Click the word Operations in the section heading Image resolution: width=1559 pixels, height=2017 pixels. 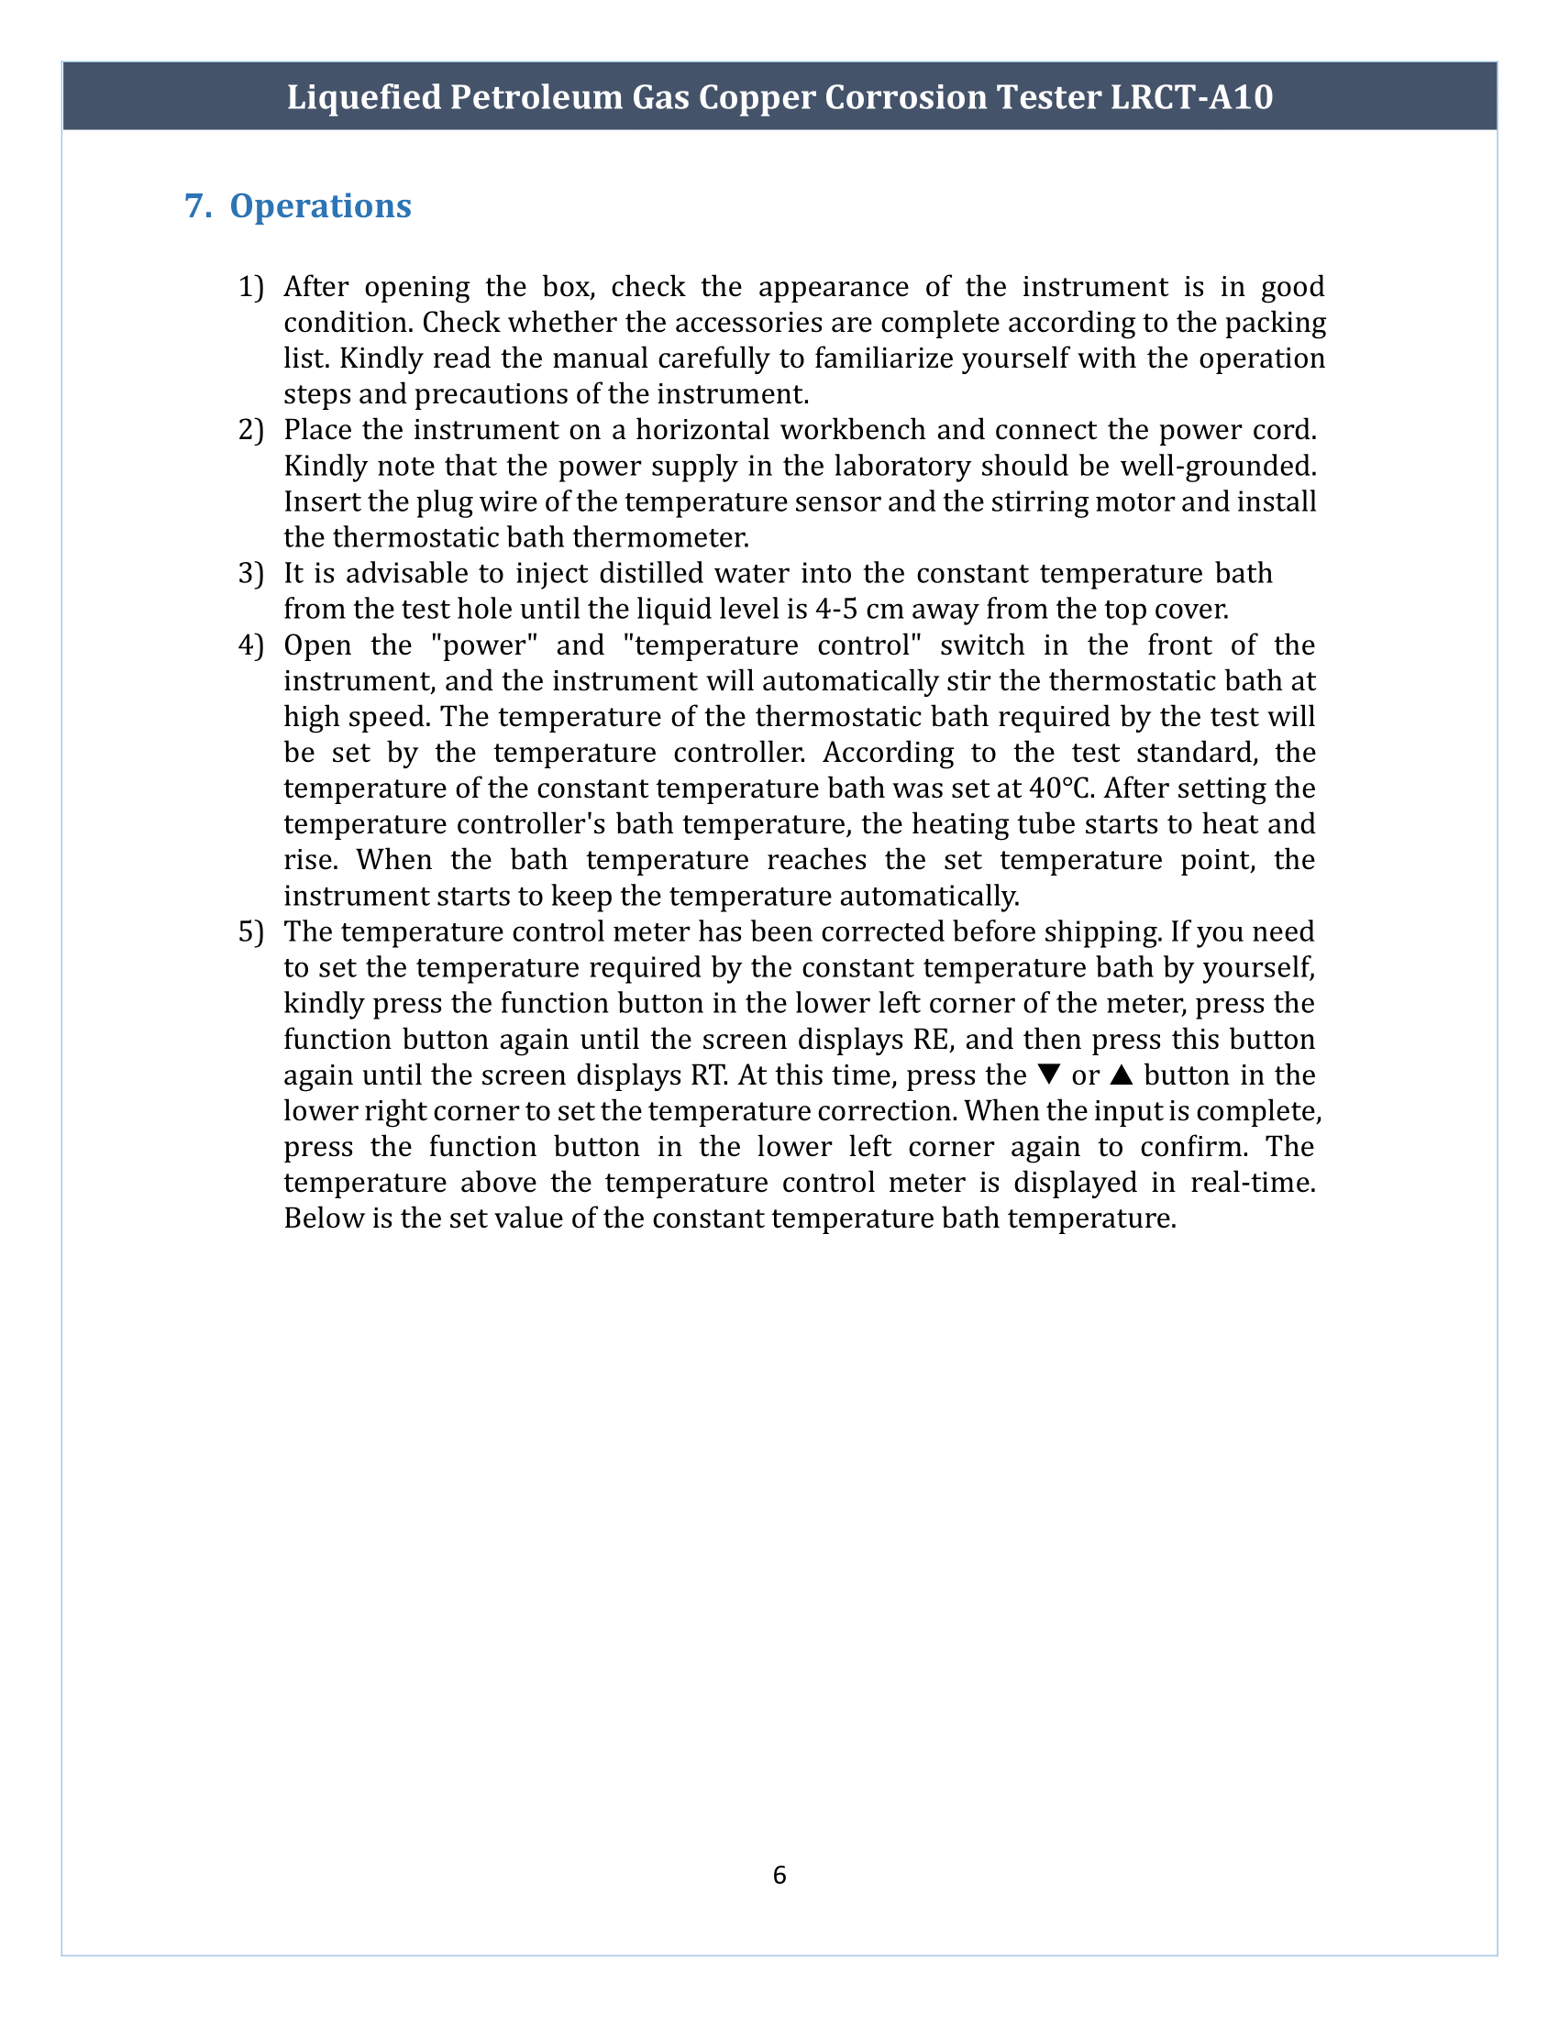320,206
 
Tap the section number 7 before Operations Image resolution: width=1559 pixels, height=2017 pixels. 193,206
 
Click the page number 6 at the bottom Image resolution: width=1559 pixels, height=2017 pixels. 779,1875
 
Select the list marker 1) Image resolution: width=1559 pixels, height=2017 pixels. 251,287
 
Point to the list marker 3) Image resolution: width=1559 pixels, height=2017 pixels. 251,574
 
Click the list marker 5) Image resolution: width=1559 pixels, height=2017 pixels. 251,931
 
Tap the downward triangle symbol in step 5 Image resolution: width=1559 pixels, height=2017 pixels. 1048,1075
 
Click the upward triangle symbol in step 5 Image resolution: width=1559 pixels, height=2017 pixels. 1122,1075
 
